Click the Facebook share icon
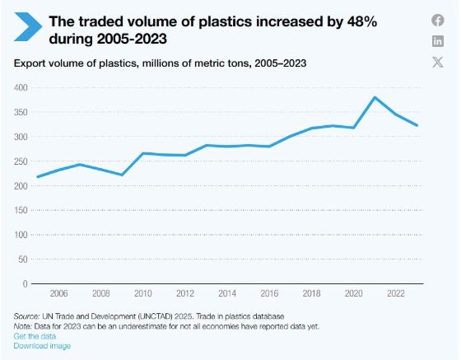[438, 21]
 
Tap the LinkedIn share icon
[438, 41]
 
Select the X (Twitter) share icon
[438, 62]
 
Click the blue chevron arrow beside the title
[28, 26]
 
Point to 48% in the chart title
[362, 21]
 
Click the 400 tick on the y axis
[21, 87]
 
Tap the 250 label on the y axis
[21, 161]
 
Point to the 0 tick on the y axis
[26, 284]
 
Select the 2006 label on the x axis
[58, 293]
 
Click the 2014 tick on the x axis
[227, 293]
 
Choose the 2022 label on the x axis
[396, 293]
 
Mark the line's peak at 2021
[375, 97]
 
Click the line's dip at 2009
[122, 175]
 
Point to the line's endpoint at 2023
[417, 125]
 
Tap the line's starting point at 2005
[38, 177]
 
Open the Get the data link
[35, 336]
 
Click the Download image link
[42, 346]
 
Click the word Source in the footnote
[26, 316]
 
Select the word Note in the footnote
[22, 326]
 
